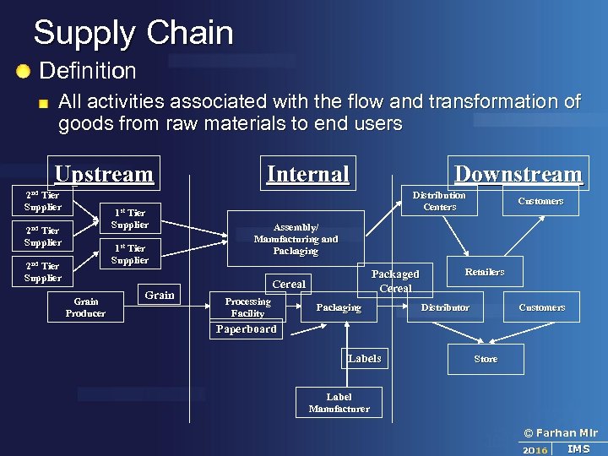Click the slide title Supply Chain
pos(133,33)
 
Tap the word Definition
pos(88,71)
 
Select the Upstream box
pos(104,174)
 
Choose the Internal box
pos(308,173)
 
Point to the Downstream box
pos(518,174)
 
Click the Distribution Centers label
pos(439,201)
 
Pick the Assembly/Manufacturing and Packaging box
pos(296,239)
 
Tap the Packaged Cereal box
pos(395,281)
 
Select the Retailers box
pos(485,272)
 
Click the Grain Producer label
pos(86,307)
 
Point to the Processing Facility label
pos(247,307)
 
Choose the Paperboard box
pos(246,329)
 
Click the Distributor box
pos(445,307)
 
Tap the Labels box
pos(365,359)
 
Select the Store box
pos(486,359)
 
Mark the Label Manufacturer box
pos(339,403)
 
